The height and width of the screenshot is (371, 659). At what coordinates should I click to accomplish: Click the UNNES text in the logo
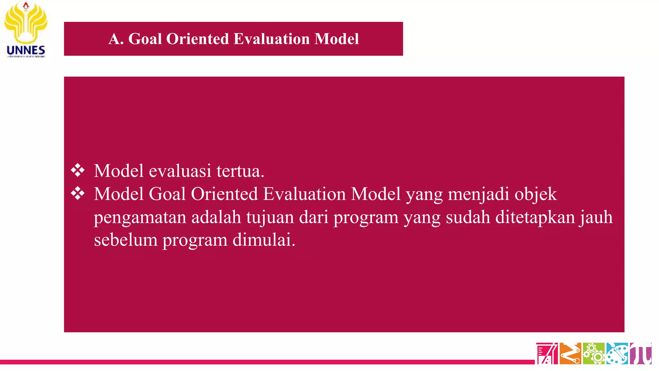click(x=26, y=50)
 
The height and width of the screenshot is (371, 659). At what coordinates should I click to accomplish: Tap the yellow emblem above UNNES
click(x=26, y=23)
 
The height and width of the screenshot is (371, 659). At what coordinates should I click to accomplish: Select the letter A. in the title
click(x=116, y=39)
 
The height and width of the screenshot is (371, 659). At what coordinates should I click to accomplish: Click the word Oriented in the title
click(x=198, y=39)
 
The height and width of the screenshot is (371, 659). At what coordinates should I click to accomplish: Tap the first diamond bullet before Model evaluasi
click(x=78, y=170)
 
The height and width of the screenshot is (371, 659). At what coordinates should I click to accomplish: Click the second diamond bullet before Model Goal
click(x=78, y=194)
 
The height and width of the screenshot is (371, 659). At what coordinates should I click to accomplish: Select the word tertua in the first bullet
click(x=240, y=171)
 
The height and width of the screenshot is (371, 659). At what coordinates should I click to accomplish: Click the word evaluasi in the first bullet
click(x=180, y=171)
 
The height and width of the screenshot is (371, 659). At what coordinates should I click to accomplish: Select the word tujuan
click(x=270, y=217)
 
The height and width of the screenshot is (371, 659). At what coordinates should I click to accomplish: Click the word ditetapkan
click(x=535, y=217)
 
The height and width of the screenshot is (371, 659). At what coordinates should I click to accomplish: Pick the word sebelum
click(x=125, y=240)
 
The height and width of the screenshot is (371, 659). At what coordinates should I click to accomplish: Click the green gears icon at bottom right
click(x=594, y=353)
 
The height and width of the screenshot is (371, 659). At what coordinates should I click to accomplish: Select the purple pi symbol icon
click(x=641, y=353)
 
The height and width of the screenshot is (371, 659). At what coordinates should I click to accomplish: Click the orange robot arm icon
click(x=570, y=353)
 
